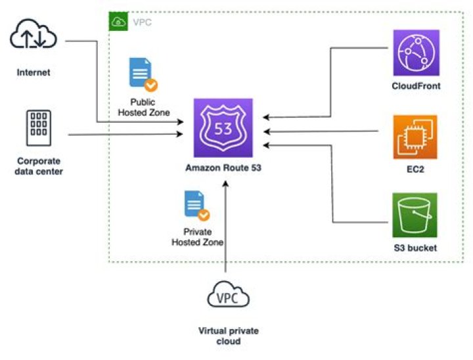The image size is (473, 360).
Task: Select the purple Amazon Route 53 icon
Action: click(x=223, y=128)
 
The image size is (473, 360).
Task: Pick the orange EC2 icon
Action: click(x=415, y=137)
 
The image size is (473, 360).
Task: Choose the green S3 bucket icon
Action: click(x=415, y=215)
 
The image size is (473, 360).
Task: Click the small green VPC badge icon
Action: click(x=119, y=22)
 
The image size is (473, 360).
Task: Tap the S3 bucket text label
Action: click(x=415, y=248)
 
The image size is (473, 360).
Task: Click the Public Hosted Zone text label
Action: click(x=143, y=107)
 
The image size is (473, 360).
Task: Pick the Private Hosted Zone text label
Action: click(x=197, y=237)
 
